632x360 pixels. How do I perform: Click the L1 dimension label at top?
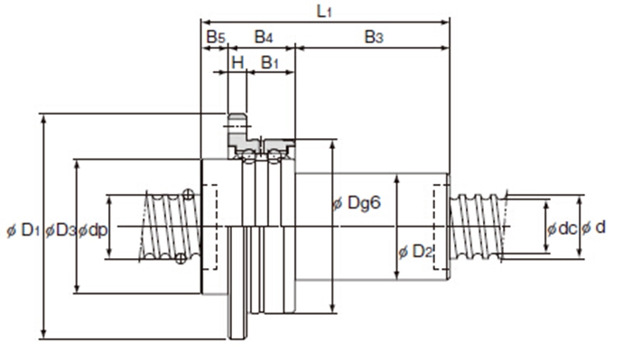point(324,11)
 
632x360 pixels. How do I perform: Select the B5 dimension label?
point(216,37)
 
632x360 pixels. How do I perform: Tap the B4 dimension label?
point(264,37)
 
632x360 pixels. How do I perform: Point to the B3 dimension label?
point(374,37)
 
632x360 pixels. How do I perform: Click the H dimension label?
point(238,62)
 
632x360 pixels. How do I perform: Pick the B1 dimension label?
point(270,62)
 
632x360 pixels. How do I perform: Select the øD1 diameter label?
point(23,230)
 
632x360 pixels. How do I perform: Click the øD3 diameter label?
point(60,230)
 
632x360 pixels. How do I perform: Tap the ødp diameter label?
point(93,230)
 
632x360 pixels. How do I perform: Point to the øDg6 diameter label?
point(357,203)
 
